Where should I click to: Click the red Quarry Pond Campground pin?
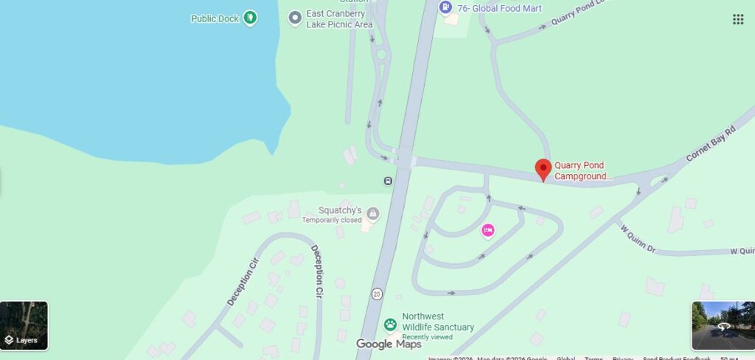543,169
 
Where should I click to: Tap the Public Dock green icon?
250,17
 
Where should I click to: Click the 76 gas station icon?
445,7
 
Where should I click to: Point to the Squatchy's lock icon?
372,214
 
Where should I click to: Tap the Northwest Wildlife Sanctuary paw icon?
390,323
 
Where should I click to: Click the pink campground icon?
487,231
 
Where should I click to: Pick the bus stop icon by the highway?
388,181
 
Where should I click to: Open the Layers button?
24,325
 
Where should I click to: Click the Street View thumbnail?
723,325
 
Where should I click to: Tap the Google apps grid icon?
738,19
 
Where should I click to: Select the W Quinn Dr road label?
638,238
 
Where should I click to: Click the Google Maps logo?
389,344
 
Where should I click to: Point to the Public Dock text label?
215,18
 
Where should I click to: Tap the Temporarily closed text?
332,220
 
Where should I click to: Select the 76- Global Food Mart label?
499,8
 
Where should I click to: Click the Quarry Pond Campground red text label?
583,171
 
